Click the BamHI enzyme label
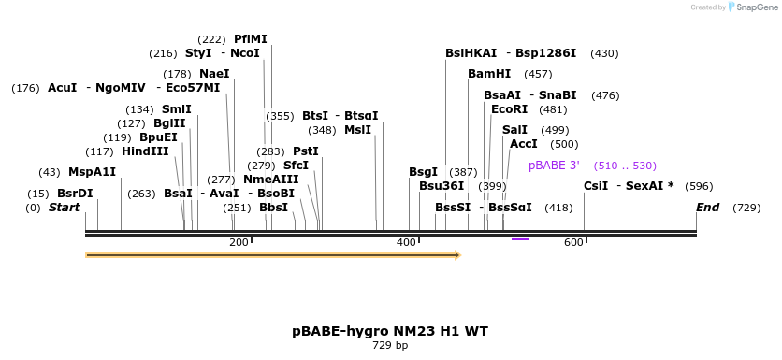coord(489,74)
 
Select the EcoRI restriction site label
coord(509,109)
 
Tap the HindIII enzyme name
coord(145,151)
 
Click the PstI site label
coord(306,151)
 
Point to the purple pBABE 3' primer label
coord(554,166)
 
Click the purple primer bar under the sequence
coord(520,239)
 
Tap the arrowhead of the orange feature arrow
coord(457,254)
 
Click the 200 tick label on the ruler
coord(239,243)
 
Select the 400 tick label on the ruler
coord(406,243)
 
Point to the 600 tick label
coord(573,243)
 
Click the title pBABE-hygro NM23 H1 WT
coord(390,331)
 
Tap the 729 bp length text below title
coord(390,346)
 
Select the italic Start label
coord(65,208)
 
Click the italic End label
coord(707,208)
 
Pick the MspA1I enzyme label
coord(92,172)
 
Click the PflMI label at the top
coord(250,39)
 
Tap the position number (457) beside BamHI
coord(538,74)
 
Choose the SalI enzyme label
coord(514,130)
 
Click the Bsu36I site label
coord(442,186)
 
